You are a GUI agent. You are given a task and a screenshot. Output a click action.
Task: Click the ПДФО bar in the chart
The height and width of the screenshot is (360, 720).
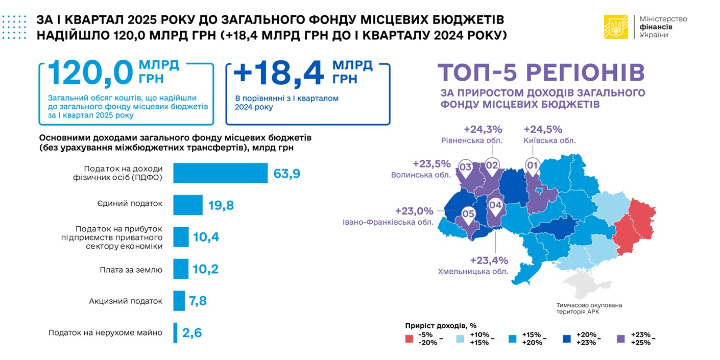click(x=220, y=173)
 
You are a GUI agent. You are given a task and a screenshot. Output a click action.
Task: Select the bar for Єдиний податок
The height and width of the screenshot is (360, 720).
click(x=187, y=205)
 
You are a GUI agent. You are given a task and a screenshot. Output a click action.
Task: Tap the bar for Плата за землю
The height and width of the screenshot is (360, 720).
click(x=181, y=269)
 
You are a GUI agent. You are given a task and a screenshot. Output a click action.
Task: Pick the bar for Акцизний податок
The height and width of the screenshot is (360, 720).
click(x=179, y=301)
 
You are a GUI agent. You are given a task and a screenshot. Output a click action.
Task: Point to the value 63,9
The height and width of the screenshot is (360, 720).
click(x=286, y=174)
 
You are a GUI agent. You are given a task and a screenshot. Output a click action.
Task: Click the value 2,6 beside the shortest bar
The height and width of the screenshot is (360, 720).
click(x=192, y=333)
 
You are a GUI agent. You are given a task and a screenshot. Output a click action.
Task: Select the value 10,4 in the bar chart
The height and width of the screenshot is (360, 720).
click(x=206, y=237)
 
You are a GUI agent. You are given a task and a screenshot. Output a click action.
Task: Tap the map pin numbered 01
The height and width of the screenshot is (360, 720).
click(x=533, y=166)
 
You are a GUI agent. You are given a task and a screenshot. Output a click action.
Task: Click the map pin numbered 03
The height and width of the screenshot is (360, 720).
click(x=465, y=166)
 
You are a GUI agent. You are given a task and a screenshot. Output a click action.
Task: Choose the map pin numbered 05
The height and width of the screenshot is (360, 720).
click(x=468, y=214)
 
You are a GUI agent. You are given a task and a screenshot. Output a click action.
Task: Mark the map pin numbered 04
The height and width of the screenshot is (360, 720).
click(x=495, y=205)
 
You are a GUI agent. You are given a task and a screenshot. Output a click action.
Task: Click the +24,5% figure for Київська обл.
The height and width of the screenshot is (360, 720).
click(x=543, y=129)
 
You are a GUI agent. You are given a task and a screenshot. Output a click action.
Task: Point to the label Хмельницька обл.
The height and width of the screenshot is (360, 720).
click(x=473, y=272)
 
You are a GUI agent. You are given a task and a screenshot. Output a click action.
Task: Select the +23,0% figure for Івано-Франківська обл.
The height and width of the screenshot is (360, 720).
click(x=414, y=211)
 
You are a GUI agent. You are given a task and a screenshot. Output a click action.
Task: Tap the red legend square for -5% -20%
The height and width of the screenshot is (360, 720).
click(x=409, y=339)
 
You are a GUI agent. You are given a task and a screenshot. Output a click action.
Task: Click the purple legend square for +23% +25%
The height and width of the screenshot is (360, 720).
click(x=621, y=339)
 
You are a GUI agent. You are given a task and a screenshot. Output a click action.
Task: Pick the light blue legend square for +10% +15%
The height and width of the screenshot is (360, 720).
click(x=462, y=339)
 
